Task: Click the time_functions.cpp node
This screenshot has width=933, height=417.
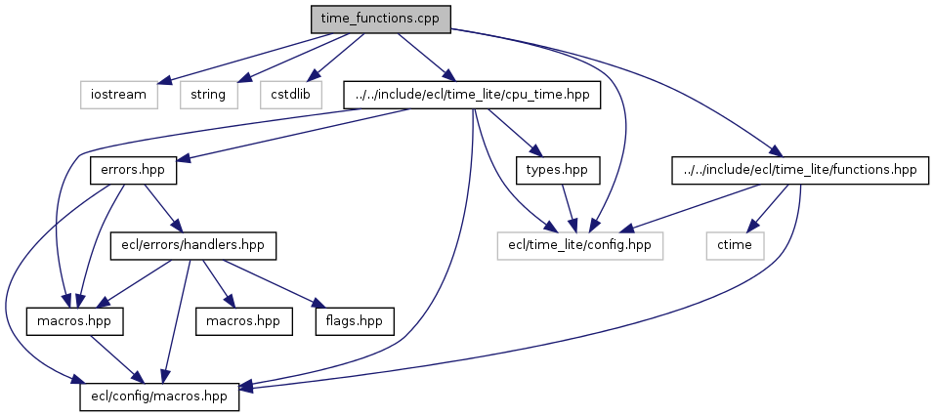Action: coord(380,19)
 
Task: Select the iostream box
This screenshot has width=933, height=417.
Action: coord(118,95)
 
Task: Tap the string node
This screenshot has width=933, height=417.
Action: coord(209,95)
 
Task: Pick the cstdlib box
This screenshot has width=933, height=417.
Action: coord(291,95)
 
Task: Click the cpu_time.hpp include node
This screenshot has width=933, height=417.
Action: coord(472,95)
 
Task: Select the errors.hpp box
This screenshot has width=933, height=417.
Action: coord(133,170)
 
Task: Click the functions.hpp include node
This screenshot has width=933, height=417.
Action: coord(798,170)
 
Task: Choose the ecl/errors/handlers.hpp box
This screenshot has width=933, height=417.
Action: coord(193,245)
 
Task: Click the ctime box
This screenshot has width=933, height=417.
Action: coord(734,245)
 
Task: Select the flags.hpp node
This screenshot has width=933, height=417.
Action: coord(354,320)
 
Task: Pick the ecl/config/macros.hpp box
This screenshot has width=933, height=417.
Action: coord(159,396)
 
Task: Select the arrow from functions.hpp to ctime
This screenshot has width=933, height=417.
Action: coord(767,207)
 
